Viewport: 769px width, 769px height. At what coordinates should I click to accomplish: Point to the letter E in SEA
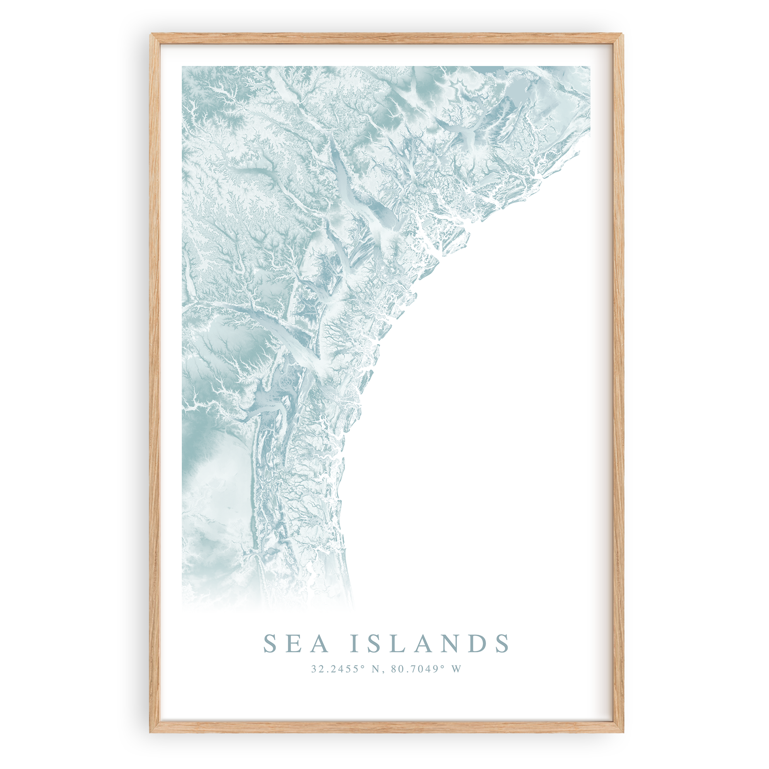click(296, 644)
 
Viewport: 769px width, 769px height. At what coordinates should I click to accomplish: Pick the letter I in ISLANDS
click(355, 644)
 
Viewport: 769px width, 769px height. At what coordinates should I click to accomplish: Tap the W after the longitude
click(456, 669)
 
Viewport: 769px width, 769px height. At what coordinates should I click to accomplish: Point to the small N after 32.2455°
click(375, 669)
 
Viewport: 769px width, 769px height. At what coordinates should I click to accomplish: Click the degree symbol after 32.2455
click(363, 667)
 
